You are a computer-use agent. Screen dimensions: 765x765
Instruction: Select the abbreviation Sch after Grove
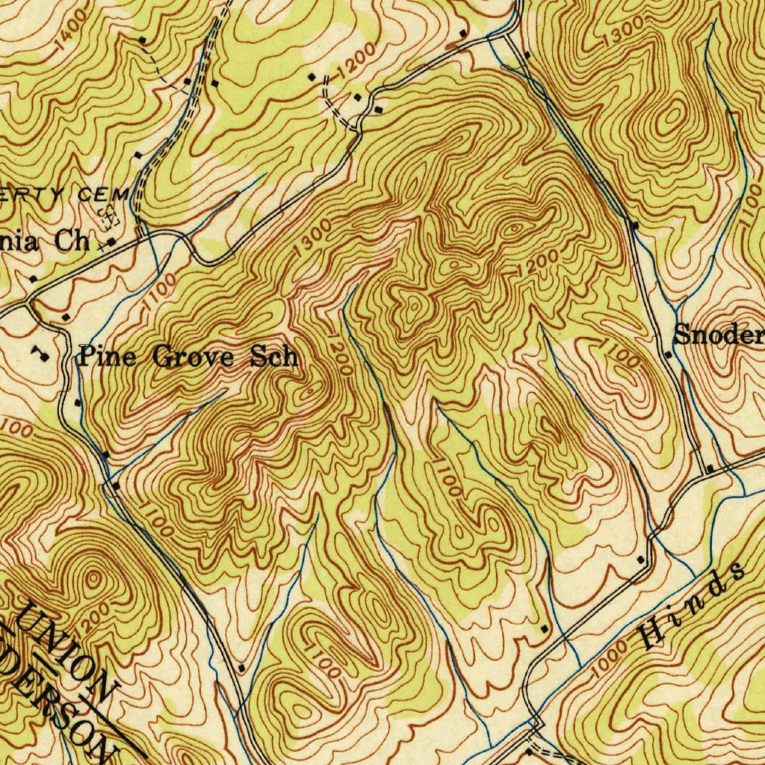(273, 356)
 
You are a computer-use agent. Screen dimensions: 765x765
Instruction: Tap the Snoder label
(719, 335)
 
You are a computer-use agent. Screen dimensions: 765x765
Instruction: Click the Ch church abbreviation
(73, 242)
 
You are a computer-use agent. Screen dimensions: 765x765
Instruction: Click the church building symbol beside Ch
(111, 242)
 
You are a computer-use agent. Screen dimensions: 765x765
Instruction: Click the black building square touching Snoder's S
(669, 354)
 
